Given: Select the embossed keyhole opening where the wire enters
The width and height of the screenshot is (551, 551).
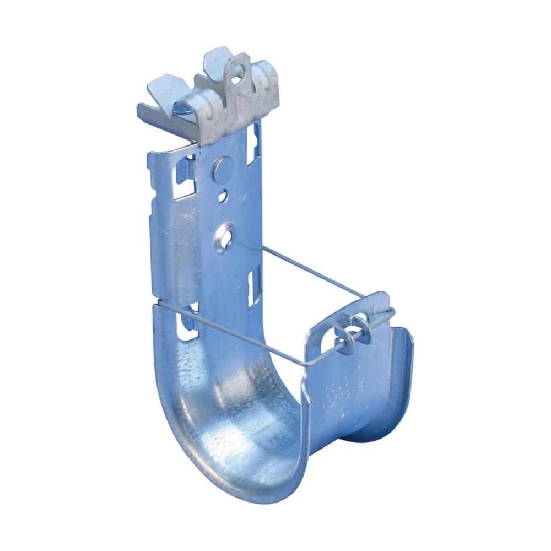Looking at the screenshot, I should click(225, 237).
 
